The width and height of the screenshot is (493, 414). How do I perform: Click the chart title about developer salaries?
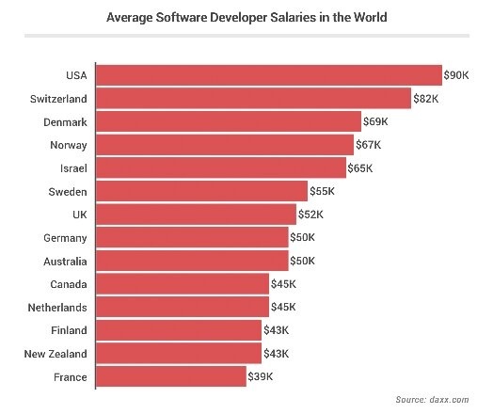[246, 18]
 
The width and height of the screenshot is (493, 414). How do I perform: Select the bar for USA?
[269, 75]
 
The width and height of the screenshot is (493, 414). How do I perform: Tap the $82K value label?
[426, 99]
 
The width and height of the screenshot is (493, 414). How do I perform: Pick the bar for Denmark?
[229, 121]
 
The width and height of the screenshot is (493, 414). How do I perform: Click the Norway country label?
[69, 145]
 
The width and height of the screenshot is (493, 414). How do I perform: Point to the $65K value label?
[360, 168]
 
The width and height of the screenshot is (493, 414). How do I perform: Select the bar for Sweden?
[202, 191]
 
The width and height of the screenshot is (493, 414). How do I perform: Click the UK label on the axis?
[79, 215]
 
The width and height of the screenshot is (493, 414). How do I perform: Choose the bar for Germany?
[193, 237]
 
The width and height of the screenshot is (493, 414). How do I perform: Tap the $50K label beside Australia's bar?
[303, 261]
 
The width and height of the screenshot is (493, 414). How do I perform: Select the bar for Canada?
[183, 283]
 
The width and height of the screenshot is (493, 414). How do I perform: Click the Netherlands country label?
[57, 307]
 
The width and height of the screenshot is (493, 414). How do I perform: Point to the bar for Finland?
[179, 330]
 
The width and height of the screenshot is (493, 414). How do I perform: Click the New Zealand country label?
[56, 354]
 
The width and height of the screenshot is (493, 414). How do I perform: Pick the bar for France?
[171, 376]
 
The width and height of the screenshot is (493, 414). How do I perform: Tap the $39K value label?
[261, 377]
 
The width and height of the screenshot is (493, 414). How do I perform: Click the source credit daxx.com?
[432, 400]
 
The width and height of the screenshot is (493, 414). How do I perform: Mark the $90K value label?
[456, 75]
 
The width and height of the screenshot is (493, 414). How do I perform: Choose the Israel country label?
[73, 168]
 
